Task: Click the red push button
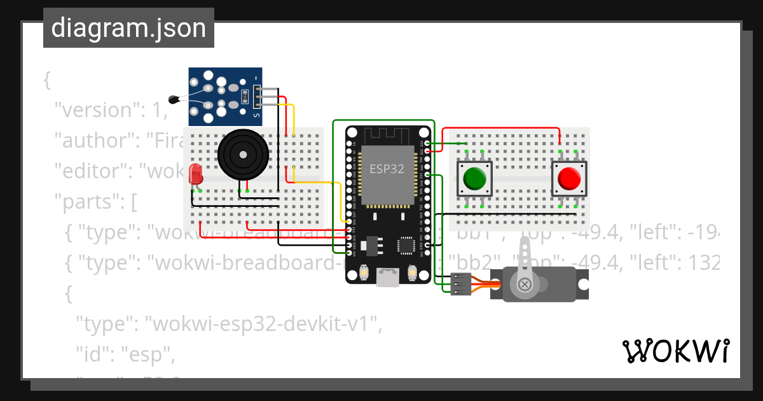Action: click(569, 178)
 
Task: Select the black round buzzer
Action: click(241, 153)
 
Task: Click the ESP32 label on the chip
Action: click(387, 169)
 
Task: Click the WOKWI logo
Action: click(675, 351)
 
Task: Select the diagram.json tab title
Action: click(128, 28)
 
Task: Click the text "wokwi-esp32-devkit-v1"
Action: click(265, 325)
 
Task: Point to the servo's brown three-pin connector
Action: click(460, 284)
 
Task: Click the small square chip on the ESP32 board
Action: click(406, 245)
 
